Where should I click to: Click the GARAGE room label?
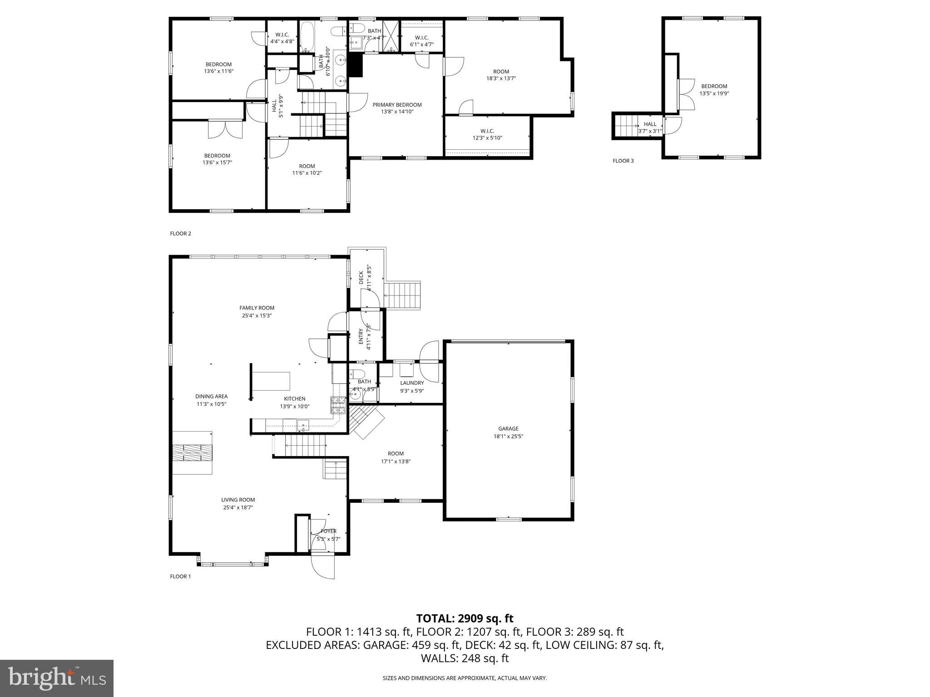[508, 428]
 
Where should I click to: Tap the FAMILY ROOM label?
[257, 308]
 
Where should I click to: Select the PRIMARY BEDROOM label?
[397, 105]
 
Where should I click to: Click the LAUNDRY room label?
[411, 383]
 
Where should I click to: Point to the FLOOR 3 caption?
[623, 161]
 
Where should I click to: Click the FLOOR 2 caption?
[180, 234]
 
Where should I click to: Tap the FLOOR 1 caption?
[180, 576]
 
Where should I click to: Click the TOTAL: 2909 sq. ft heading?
[465, 618]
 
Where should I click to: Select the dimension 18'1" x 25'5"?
[508, 436]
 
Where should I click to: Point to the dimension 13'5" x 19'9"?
[714, 93]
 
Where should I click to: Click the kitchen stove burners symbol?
[338, 405]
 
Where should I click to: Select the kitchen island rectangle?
[271, 381]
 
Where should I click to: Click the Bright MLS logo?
[57, 678]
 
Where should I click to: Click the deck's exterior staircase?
[403, 295]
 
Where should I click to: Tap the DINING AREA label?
[211, 396]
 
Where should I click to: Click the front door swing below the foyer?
[322, 567]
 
